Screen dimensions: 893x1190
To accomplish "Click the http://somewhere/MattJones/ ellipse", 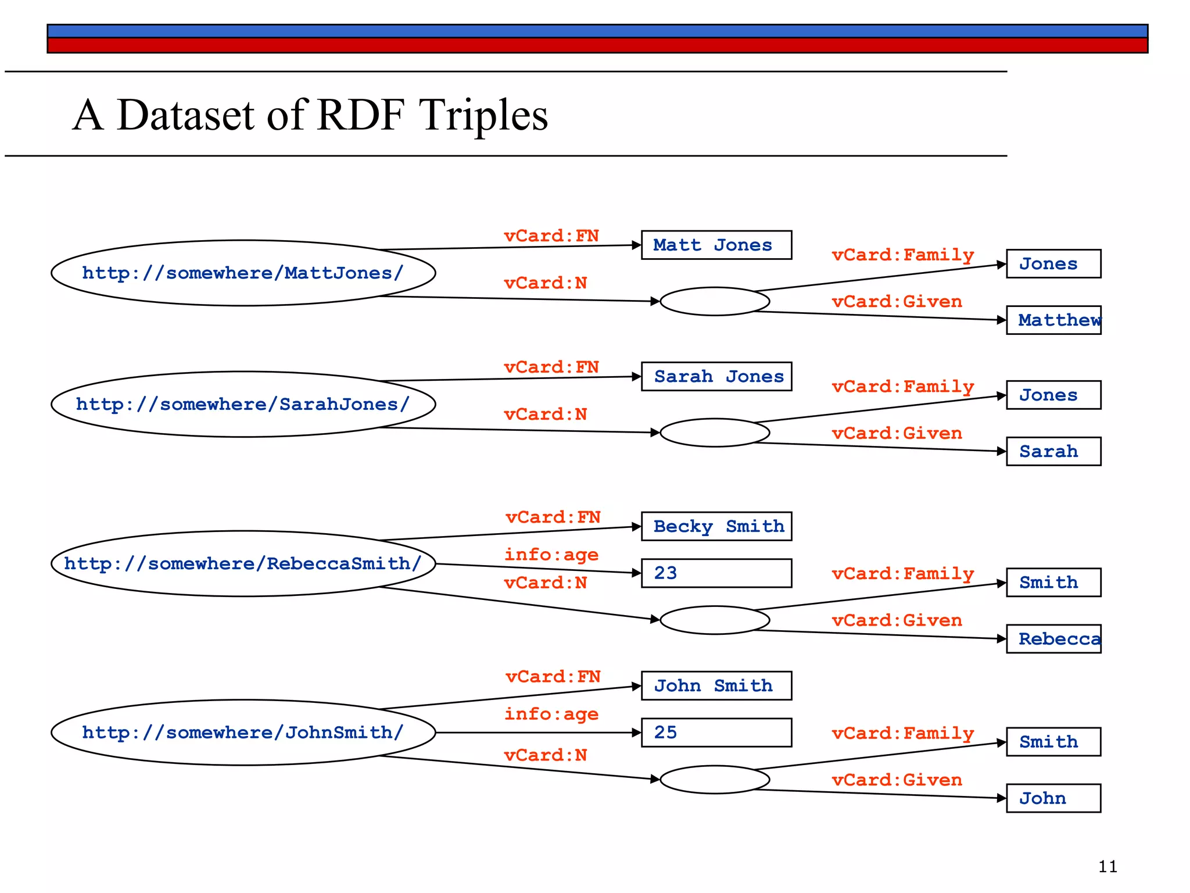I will [243, 273].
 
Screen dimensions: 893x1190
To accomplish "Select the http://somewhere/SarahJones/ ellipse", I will [243, 404].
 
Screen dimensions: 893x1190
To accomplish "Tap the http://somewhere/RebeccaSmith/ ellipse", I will [243, 563].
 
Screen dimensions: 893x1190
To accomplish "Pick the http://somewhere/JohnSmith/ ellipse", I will [243, 732].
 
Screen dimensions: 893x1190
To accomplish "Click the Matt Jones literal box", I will [716, 245].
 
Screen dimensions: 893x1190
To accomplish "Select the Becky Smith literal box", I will [716, 526].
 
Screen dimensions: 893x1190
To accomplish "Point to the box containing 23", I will [716, 573].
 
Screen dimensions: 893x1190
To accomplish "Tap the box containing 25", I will [716, 733].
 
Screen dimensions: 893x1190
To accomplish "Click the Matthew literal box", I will [1053, 320].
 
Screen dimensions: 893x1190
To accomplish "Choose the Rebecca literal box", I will [1053, 639].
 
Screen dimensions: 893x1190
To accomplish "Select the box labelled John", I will [1053, 798].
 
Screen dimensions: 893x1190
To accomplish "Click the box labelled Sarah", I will [1053, 451].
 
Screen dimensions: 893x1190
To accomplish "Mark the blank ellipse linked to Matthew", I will [715, 301].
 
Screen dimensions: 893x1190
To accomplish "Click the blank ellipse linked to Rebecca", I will [715, 620].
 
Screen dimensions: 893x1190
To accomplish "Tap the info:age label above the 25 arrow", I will [551, 714].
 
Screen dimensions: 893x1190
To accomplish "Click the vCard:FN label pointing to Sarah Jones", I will [551, 367].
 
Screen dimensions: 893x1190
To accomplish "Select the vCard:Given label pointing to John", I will [897, 780].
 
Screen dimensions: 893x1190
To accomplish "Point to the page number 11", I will [1107, 867].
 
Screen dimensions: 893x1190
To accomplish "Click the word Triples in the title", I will [483, 115].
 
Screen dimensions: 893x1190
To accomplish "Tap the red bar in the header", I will [597, 45].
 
